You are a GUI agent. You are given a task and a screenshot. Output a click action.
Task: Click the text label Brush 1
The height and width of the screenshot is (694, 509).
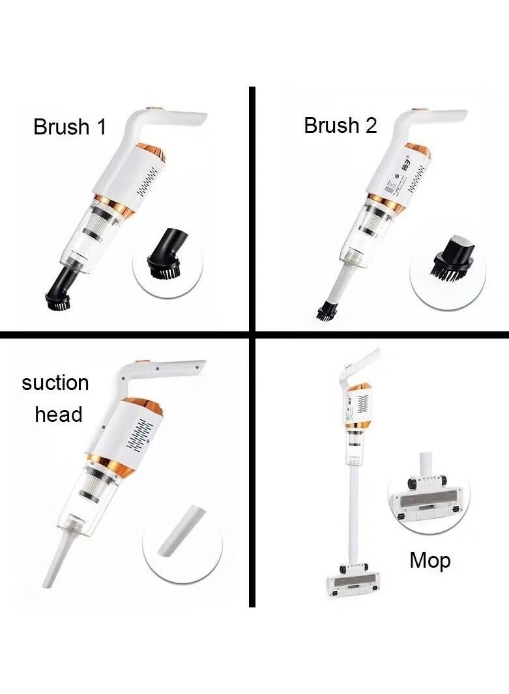click(x=70, y=126)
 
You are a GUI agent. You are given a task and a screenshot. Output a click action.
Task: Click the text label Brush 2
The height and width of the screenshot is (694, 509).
click(x=340, y=125)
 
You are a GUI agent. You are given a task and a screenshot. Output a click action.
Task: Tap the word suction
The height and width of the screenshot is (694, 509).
click(x=55, y=383)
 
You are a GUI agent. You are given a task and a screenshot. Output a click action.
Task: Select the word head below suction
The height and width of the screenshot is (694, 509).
click(x=59, y=415)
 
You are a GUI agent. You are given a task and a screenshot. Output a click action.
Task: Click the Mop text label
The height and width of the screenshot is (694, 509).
click(x=429, y=560)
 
